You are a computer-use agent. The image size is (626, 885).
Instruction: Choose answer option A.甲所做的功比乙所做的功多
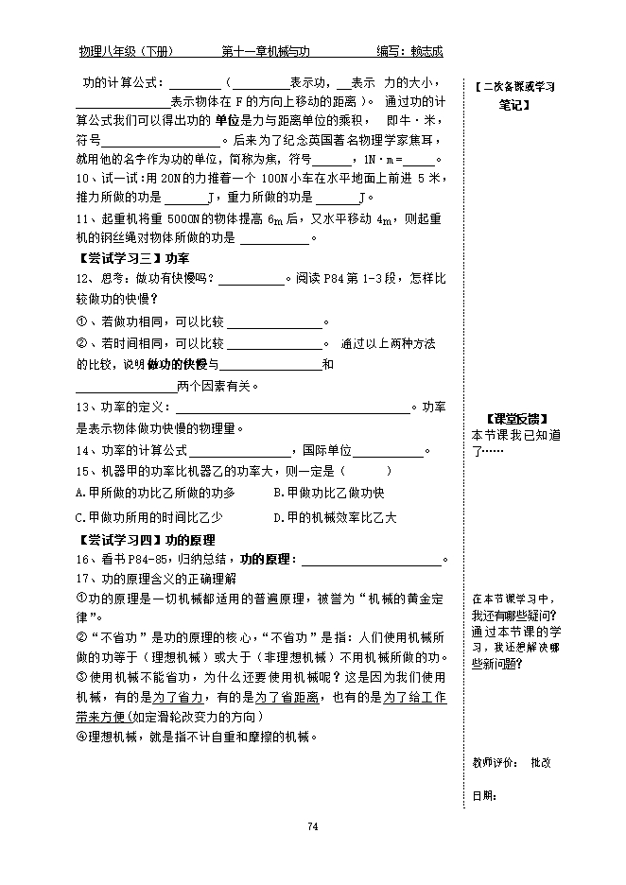[x=155, y=493]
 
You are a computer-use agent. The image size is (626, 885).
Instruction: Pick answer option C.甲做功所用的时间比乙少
[x=148, y=516]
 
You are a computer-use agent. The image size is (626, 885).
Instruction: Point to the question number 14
[x=81, y=450]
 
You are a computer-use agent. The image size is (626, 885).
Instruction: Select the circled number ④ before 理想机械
[x=81, y=737]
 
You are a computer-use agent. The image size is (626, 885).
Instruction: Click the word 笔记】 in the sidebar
[x=514, y=105]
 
